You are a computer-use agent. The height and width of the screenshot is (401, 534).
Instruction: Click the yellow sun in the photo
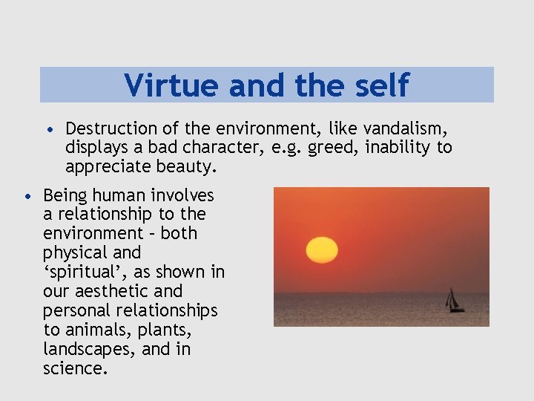322,250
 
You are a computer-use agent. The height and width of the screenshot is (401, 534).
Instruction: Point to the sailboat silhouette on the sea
453,300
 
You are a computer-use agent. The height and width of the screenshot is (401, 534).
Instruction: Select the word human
126,195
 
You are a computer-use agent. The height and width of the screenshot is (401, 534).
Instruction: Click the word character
223,148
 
